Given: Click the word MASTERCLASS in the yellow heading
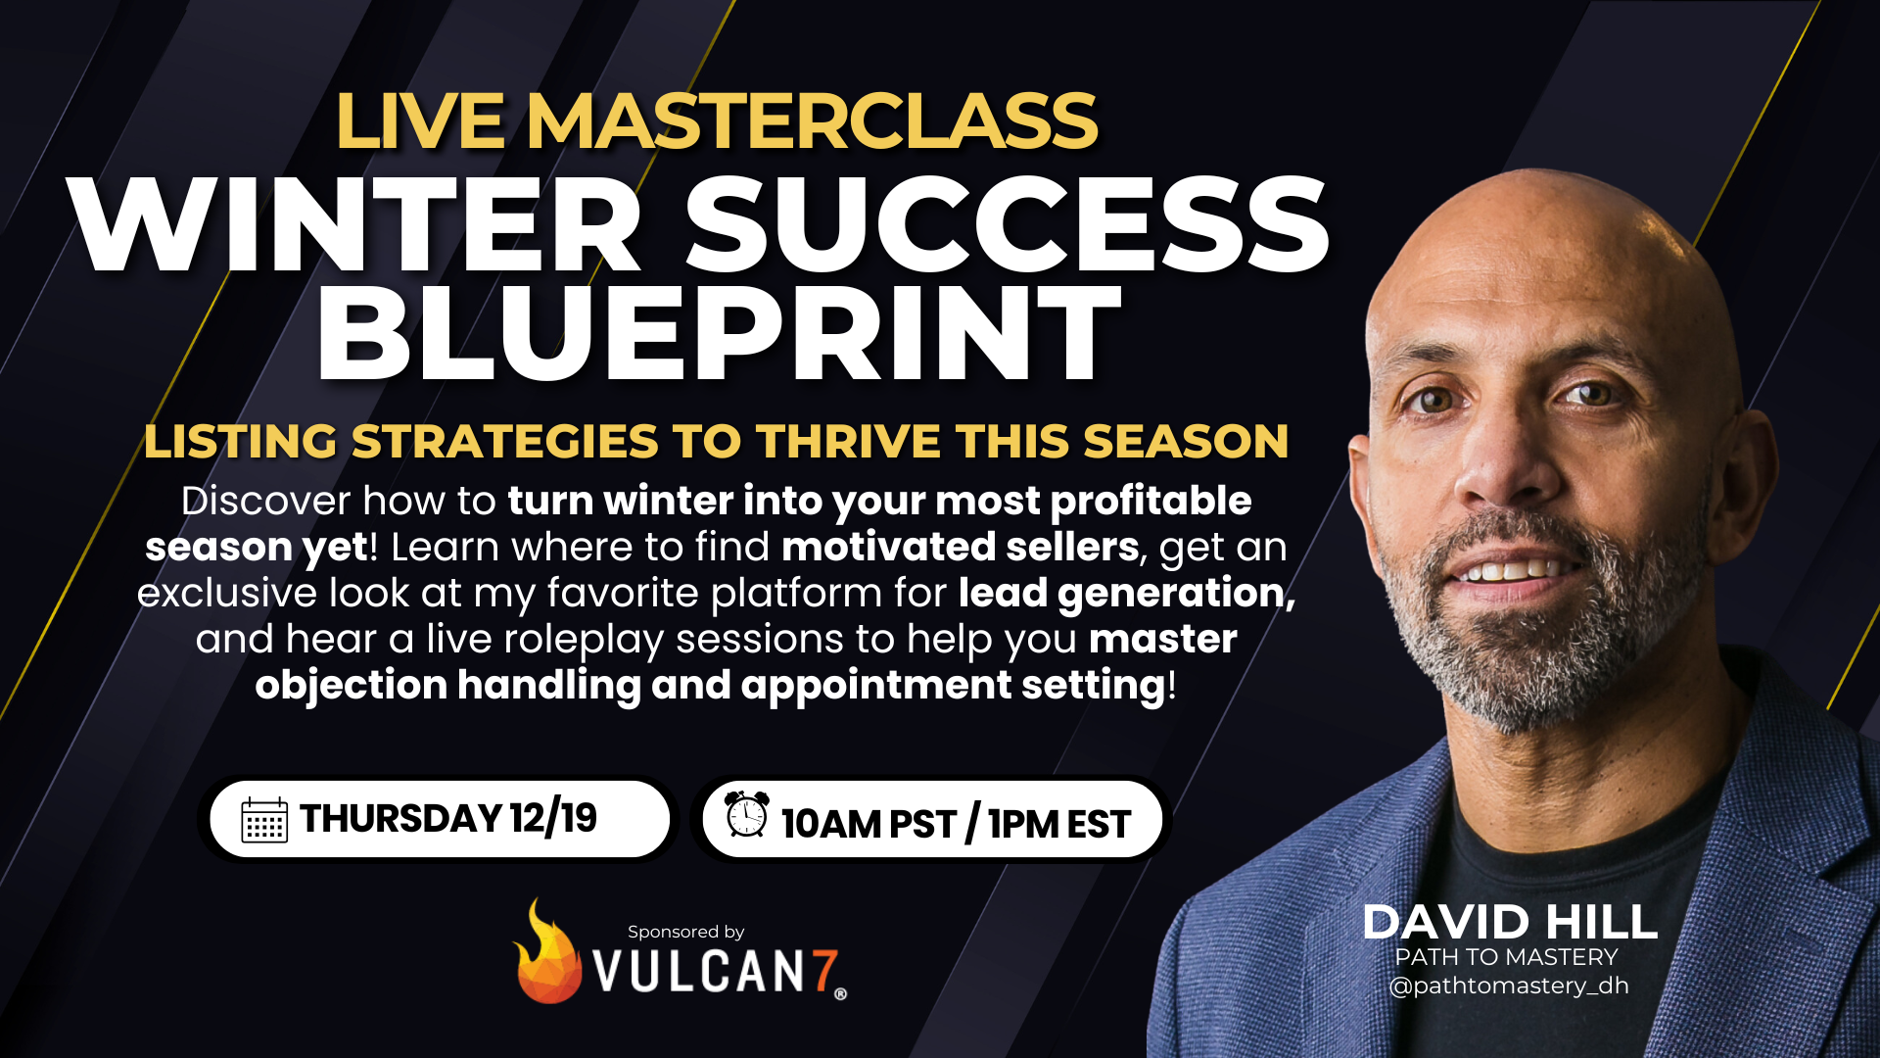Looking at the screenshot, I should [811, 121].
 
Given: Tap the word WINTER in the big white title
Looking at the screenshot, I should [354, 226].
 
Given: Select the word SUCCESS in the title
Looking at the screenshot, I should [1007, 226].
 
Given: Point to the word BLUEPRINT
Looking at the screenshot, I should [717, 333].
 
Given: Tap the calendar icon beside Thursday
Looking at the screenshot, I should [264, 820].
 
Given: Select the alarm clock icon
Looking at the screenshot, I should [747, 814].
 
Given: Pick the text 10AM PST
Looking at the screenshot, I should [868, 824].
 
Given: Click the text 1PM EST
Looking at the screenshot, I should [1059, 824].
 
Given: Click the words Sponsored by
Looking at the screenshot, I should [685, 932].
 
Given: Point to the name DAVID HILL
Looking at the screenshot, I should [1509, 922].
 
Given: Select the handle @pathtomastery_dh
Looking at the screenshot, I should [1509, 986].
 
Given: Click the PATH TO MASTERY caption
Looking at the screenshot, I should [1506, 957].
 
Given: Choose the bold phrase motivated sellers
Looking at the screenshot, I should [960, 547].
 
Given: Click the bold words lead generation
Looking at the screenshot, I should [1126, 593].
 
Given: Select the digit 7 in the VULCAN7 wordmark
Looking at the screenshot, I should [824, 971].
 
